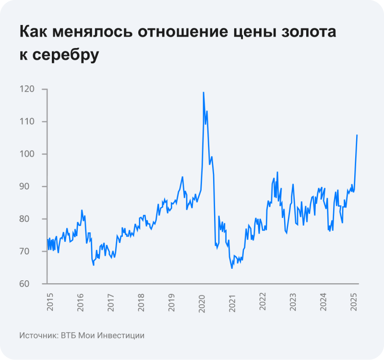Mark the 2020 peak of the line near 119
coord(204,92)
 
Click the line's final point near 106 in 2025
coord(357,135)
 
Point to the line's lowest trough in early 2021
coord(232,268)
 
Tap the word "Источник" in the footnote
coord(38,336)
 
